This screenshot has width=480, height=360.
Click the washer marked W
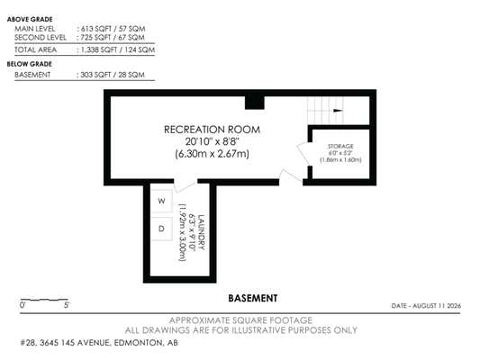point(161,201)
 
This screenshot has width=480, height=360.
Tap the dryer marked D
point(161,229)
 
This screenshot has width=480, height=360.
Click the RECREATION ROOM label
point(212,130)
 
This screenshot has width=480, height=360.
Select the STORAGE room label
point(340,146)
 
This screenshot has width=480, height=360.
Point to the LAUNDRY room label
point(202,232)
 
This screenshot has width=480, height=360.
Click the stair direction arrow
point(338,111)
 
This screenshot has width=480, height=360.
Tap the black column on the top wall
point(254,103)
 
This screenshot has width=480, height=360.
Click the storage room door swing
point(303,154)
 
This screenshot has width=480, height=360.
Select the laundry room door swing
point(185,186)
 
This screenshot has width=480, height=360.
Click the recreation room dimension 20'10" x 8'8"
point(212,141)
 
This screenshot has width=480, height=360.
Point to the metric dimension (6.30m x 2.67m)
point(212,154)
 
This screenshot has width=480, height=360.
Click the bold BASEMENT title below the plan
point(253,298)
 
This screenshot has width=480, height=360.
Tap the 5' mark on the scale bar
point(67,305)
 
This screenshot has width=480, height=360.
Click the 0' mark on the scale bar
point(23,305)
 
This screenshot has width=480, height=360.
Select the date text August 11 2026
point(437,306)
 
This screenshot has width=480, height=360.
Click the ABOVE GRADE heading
point(30,19)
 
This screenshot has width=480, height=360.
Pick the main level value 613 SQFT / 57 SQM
point(113,29)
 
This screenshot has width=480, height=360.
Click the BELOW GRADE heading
point(30,64)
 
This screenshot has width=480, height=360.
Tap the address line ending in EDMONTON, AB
point(99,343)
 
